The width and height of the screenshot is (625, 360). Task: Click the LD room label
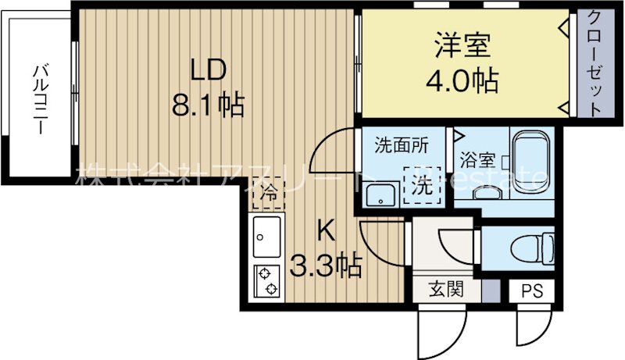pos(209,70)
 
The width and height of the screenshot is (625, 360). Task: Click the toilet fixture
pos(529,251)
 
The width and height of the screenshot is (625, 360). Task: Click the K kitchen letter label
pos(327,232)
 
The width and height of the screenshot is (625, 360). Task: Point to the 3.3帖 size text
pos(327,268)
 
